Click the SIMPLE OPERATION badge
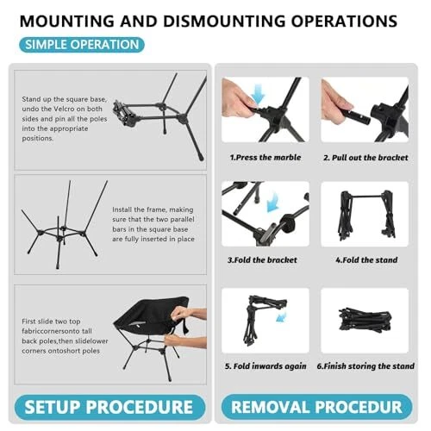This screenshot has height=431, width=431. pyautogui.click(x=82, y=45)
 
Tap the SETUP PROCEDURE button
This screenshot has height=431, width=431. pyautogui.click(x=109, y=407)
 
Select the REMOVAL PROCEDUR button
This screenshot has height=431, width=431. pyautogui.click(x=316, y=407)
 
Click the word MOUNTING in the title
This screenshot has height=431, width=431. pyautogui.click(x=67, y=21)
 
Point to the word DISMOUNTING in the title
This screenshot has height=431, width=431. pyautogui.click(x=224, y=21)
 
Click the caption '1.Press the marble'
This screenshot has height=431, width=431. pyautogui.click(x=265, y=158)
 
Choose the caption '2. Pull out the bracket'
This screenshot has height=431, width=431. pyautogui.click(x=365, y=158)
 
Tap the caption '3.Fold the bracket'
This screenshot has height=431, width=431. pyautogui.click(x=262, y=260)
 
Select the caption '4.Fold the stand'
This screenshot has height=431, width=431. pyautogui.click(x=366, y=260)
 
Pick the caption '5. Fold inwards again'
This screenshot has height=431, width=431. pyautogui.click(x=265, y=366)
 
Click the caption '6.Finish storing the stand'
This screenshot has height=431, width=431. pyautogui.click(x=365, y=366)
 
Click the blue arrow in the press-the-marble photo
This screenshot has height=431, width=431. pyautogui.click(x=258, y=95)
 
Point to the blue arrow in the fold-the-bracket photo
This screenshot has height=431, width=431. pyautogui.click(x=273, y=202)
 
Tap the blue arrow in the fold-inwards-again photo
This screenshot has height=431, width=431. pyautogui.click(x=282, y=316)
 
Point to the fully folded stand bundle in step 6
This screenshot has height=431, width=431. pyautogui.click(x=365, y=320)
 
